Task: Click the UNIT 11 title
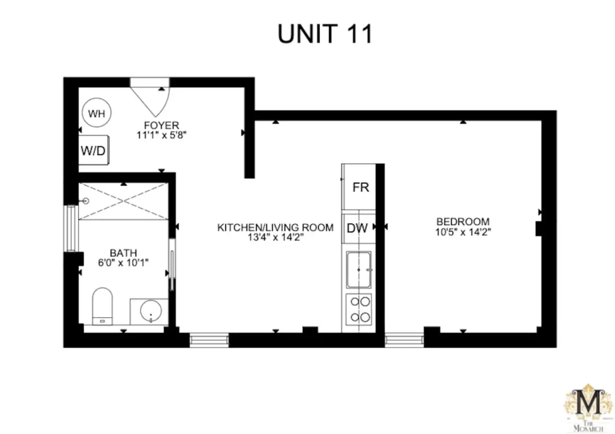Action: click(325, 34)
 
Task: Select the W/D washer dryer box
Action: click(94, 150)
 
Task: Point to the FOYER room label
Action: click(161, 125)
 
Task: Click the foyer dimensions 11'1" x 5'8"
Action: click(161, 135)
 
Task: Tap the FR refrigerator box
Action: click(358, 187)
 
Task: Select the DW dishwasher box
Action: click(358, 228)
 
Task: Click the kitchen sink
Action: click(358, 270)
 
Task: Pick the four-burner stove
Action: click(358, 310)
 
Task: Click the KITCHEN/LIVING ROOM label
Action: click(275, 228)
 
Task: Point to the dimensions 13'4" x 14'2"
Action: click(275, 237)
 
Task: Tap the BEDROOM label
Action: click(463, 221)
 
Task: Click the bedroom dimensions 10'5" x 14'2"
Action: click(463, 232)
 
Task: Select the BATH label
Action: click(123, 253)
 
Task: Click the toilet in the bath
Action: click(102, 306)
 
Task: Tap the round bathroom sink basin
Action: click(151, 311)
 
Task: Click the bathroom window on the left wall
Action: click(71, 228)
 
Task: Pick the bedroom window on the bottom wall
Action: click(404, 340)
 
